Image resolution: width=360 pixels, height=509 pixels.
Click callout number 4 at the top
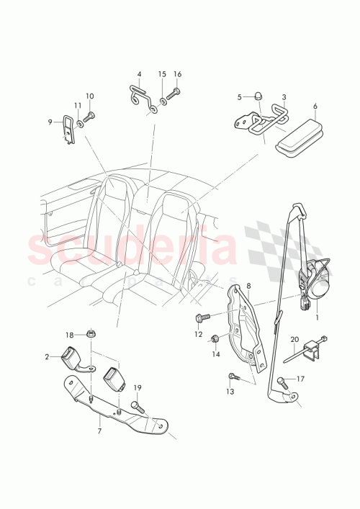coord(140,74)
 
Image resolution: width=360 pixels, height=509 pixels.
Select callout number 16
coord(178,74)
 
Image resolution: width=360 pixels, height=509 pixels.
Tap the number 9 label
coord(50,122)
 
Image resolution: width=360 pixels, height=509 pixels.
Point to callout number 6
coord(315,106)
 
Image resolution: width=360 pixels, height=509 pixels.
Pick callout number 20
coord(294,339)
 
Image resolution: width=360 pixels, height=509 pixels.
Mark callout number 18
coord(70,335)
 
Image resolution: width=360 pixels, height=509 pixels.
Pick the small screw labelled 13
coord(234,377)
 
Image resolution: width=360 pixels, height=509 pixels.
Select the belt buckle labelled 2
coord(74,356)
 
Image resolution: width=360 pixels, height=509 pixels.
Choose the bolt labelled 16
coord(177,92)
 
